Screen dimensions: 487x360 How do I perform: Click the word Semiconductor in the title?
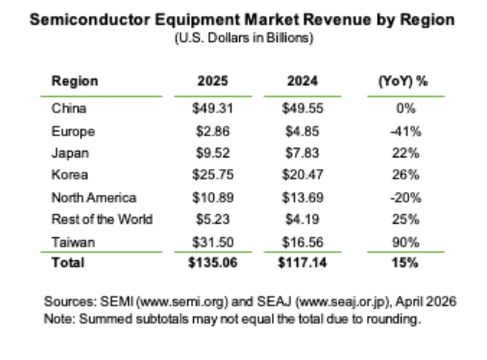89,20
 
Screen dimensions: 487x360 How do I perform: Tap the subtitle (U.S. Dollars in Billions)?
244,38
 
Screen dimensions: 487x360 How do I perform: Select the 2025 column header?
212,81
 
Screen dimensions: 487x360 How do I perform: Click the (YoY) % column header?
402,82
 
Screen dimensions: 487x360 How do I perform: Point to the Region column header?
75,82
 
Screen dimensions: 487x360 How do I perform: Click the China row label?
69,108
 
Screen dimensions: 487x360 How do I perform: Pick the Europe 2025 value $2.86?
213,132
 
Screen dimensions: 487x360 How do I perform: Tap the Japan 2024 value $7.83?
303,153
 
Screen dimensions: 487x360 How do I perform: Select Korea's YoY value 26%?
405,175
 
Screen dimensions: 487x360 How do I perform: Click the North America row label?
94,198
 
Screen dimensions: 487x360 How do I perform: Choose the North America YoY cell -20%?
405,198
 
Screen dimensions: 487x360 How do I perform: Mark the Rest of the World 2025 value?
213,220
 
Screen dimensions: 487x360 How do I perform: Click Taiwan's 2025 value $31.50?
213,242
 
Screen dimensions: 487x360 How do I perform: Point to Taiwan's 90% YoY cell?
405,242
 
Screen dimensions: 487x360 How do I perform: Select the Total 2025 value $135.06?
213,263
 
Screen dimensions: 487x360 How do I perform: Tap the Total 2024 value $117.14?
303,263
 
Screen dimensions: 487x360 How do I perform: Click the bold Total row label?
68,263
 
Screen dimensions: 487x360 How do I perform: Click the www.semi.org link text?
183,302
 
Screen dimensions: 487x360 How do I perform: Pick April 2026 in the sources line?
426,301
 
